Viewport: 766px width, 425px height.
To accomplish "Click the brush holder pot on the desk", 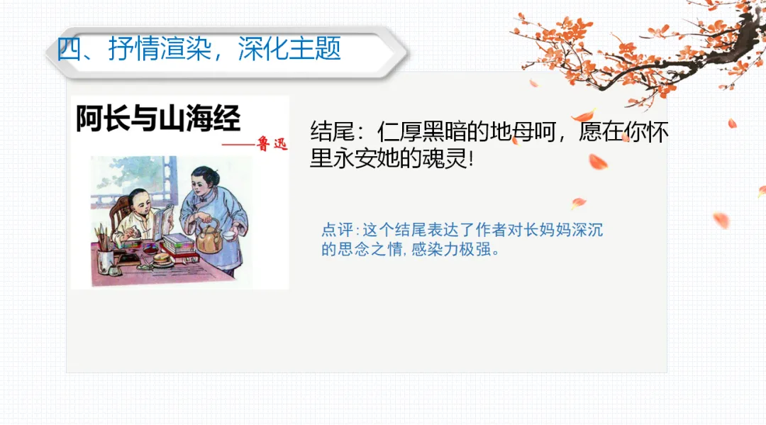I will pos(106,258).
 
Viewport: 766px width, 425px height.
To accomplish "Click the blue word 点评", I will pos(337,231).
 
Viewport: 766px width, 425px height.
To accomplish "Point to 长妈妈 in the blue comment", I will pos(543,231).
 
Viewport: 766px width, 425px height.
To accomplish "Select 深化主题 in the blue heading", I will pos(290,48).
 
